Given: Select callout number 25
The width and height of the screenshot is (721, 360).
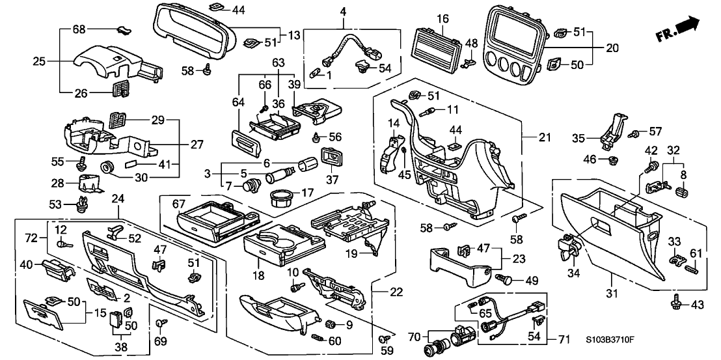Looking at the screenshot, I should point(40,61).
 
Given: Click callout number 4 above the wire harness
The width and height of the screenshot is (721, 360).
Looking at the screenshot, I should point(342,11).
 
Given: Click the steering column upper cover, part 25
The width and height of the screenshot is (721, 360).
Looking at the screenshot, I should point(111,62).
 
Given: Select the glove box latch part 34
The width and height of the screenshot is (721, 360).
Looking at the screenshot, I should point(570,247).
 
